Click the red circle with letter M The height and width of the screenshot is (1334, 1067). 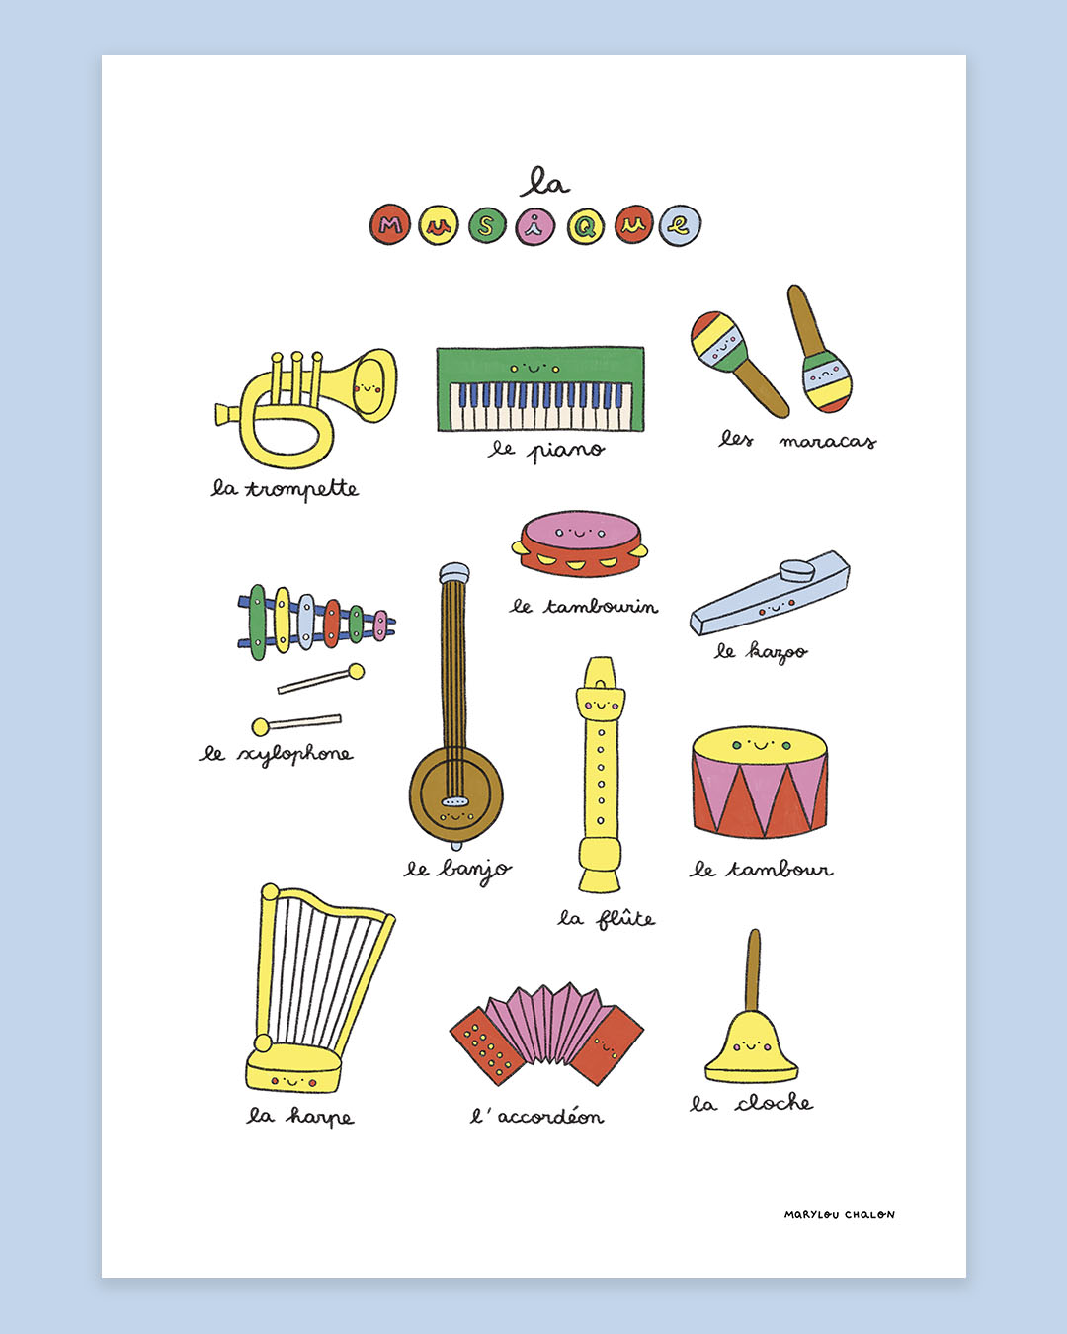point(390,224)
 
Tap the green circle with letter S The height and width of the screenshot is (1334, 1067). point(487,225)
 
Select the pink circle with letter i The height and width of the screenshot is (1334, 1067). point(534,225)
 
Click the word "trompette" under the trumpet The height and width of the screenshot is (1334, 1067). point(302,489)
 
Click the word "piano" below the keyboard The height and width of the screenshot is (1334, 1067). point(565,451)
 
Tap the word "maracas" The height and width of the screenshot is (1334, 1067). point(828,442)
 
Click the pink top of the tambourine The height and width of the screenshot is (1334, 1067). point(580,532)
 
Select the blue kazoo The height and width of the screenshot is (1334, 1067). point(770,593)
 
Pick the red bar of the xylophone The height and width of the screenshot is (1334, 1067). point(332,623)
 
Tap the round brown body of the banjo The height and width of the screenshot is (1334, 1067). point(455,795)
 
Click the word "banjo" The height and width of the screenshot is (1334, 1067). point(474,871)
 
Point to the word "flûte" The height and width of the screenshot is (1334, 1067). point(625,918)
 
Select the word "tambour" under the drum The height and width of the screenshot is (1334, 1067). point(780,870)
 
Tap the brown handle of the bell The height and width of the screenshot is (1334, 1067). point(753,970)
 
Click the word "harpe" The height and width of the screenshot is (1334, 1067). point(320,1117)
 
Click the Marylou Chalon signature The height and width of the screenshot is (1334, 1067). point(840,1215)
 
